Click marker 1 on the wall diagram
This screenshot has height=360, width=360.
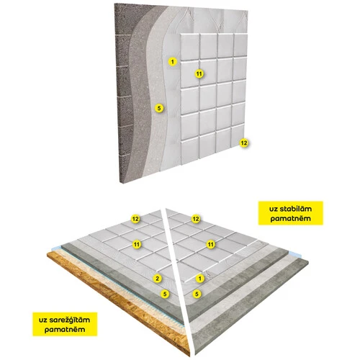click(172, 62)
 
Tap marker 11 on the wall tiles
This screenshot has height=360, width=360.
click(199, 73)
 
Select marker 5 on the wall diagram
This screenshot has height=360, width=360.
click(159, 108)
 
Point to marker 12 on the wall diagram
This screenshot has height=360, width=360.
click(244, 143)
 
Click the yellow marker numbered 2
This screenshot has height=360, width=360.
click(158, 279)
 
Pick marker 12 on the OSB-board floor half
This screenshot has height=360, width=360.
click(135, 219)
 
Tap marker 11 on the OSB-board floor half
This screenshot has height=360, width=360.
click(137, 244)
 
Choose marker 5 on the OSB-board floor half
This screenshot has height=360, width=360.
click(165, 294)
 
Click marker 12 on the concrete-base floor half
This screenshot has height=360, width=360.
click(196, 219)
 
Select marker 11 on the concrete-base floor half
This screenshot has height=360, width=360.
click(210, 244)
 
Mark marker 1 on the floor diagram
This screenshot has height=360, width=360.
click(200, 279)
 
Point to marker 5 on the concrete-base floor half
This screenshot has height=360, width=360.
click(197, 294)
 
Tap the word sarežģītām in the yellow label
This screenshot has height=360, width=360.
click(70, 320)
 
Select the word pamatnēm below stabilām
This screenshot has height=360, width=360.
click(291, 218)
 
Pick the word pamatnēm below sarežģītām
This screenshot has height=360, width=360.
click(65, 330)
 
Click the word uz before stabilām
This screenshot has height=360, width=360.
click(274, 209)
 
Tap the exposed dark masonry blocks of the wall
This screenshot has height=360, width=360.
click(124, 96)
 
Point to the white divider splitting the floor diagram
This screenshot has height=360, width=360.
click(179, 281)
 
